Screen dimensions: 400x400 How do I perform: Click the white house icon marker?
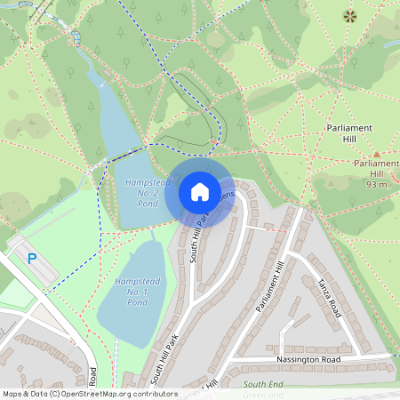199,191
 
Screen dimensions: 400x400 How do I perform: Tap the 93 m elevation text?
376,184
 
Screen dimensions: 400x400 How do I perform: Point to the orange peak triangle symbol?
376,154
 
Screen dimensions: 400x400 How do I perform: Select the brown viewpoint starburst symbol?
349,15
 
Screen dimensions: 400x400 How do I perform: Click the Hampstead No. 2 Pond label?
141,193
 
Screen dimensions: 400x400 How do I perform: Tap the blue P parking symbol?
32,259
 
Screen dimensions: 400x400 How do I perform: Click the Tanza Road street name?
329,297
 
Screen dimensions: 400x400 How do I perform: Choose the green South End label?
265,383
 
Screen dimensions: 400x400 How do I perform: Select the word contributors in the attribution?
151,393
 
